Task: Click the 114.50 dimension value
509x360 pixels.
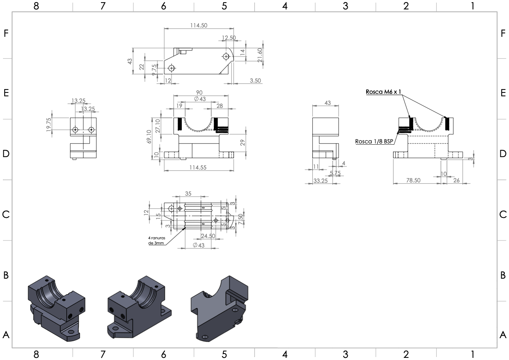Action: (198, 25)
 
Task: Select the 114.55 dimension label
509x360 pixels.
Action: (198, 167)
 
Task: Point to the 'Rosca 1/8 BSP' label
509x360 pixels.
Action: (374, 141)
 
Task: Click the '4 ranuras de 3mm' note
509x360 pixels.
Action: (157, 241)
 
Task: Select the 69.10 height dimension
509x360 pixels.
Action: (149, 136)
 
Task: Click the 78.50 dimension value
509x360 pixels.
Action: (413, 180)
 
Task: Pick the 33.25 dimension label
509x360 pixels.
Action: (320, 181)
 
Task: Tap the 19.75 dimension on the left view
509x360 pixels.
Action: (49, 125)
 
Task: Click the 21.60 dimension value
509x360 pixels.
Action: (259, 55)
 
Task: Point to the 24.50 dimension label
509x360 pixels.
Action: (208, 236)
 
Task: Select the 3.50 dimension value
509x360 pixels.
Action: (255, 80)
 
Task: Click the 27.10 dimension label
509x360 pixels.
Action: (158, 126)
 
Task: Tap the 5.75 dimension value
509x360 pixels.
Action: (335, 173)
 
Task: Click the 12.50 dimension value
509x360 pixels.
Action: (229, 38)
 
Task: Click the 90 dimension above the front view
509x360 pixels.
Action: (199, 92)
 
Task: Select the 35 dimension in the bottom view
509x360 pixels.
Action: (188, 193)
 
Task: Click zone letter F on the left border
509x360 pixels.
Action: (6, 33)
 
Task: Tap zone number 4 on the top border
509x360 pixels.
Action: (285, 6)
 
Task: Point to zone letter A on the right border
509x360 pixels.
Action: (503, 335)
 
